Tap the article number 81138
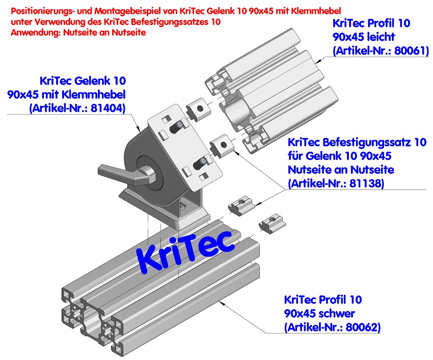pos(368,182)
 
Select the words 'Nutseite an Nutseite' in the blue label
pos(340,169)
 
